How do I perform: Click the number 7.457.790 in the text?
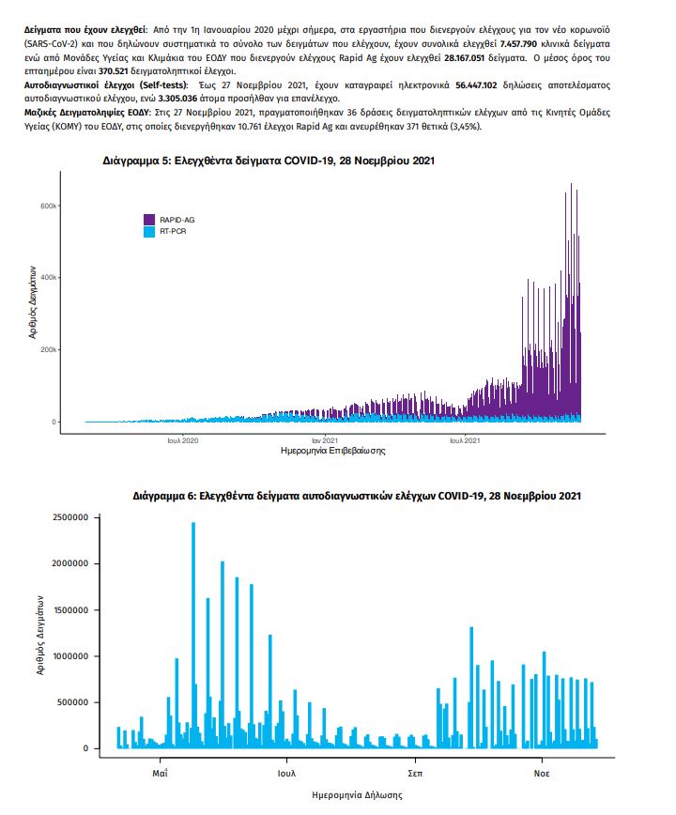[518, 43]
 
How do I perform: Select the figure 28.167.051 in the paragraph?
[464, 57]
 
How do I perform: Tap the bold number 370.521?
[114, 71]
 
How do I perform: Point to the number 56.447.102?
[476, 85]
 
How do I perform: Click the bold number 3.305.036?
[177, 99]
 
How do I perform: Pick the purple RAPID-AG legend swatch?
[149, 220]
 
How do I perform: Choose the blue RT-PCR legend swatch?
[149, 232]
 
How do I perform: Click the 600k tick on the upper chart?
[48, 206]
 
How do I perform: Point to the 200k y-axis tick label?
[48, 350]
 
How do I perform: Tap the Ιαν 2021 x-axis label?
[324, 440]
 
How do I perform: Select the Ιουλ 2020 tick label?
[182, 440]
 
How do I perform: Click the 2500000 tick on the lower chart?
[70, 517]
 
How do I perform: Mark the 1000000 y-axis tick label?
[70, 656]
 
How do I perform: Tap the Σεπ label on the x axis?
[415, 774]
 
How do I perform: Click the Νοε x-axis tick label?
[542, 774]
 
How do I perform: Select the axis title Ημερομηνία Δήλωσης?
[357, 795]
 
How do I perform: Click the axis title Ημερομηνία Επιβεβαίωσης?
[332, 451]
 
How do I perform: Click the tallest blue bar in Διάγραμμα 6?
[193, 635]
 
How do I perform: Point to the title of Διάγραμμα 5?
[269, 161]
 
